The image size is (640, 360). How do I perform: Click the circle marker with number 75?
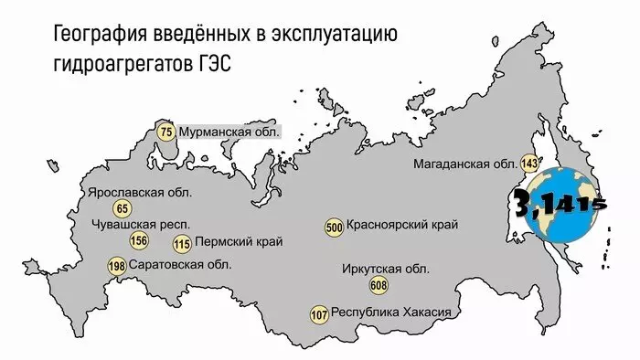coord(165,132)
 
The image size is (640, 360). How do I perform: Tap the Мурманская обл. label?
coord(229,132)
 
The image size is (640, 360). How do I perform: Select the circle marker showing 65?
coord(123,209)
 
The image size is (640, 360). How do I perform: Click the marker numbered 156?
coord(139,241)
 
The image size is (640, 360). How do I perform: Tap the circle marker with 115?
coord(182,243)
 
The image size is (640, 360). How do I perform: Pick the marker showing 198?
coord(117,267)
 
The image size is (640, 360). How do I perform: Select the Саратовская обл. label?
coord(180,265)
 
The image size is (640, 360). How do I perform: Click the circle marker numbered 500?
coord(334,227)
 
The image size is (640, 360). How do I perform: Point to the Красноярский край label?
coord(402,225)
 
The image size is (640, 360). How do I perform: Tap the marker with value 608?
coord(378,286)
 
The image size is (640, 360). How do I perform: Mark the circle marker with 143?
coord(528,164)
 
